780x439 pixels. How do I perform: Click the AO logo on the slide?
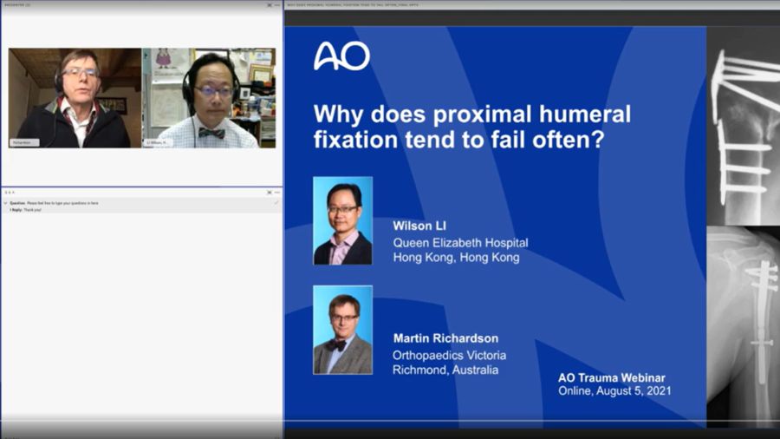[341, 56]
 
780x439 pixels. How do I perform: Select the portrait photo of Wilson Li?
[342, 220]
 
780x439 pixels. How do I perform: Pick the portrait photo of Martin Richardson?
[342, 330]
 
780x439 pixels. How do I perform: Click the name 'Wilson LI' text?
[420, 226]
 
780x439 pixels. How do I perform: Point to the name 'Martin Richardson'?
[445, 338]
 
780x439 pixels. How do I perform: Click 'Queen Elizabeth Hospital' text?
[460, 243]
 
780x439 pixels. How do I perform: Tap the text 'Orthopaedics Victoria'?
[449, 355]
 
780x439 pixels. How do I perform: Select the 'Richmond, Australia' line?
[445, 370]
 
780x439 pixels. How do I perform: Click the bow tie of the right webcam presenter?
[211, 132]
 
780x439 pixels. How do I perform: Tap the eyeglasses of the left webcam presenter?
[80, 72]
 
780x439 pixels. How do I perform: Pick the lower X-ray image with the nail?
[743, 325]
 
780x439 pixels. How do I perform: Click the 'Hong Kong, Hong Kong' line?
[456, 258]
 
